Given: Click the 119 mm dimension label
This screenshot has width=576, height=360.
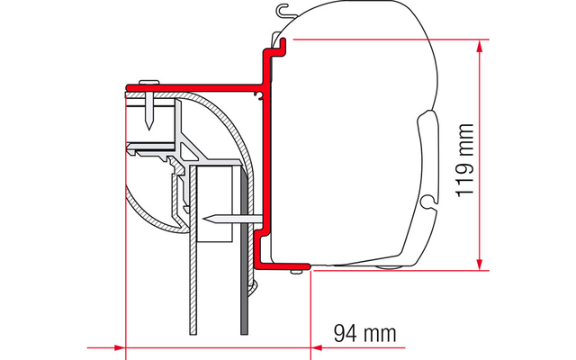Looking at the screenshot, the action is point(465,160).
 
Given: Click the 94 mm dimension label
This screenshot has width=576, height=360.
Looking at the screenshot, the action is point(365,334).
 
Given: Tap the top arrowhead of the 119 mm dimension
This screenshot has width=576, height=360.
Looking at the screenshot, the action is point(479,45).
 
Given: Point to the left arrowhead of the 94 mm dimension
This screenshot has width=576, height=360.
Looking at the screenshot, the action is point(120,347).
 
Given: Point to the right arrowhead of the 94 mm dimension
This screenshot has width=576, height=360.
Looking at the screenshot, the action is point(317,347).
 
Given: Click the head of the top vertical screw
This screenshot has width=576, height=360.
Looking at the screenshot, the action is point(149,82).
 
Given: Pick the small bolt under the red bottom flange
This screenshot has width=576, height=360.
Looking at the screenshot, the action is point(295,272).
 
